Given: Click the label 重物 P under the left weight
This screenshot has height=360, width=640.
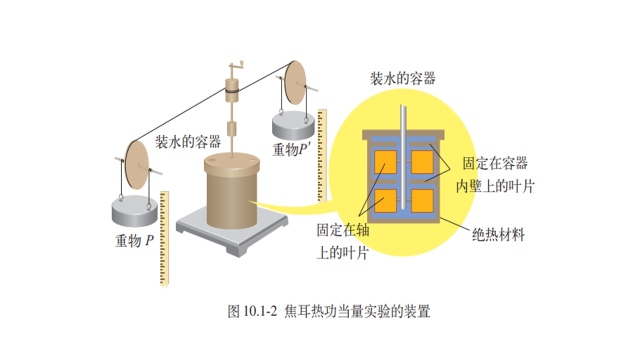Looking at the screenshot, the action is coord(134,240).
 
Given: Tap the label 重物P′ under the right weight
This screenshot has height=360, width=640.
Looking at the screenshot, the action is coord(291,149).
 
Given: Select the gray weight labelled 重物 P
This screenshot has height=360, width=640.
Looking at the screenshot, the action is coord(134,211).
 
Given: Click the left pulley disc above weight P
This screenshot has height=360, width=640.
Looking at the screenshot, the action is coord(137,165).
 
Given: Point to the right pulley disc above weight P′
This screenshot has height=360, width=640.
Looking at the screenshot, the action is coord(295,82).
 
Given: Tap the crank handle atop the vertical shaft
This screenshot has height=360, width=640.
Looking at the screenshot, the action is coord(236,66).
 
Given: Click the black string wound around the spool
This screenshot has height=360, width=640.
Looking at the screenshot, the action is coord(231,91).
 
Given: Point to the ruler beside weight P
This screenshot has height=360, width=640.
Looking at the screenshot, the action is coord(164,239).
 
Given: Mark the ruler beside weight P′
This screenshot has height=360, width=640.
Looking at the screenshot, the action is coord(322,155).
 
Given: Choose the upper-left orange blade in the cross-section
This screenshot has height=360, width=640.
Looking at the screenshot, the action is coord(385,162).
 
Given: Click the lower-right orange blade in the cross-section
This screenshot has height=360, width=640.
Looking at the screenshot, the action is coord(422,201).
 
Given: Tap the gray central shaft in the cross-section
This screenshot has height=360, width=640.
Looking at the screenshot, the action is coord(403,157).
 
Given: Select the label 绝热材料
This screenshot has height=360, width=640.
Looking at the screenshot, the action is coord(498,235).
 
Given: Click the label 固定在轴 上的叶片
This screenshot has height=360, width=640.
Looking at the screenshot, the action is coord(343,241).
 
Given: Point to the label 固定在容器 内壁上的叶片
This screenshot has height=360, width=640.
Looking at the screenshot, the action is coord(495,175).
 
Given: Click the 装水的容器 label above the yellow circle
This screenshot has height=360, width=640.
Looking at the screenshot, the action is coord(403,78).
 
